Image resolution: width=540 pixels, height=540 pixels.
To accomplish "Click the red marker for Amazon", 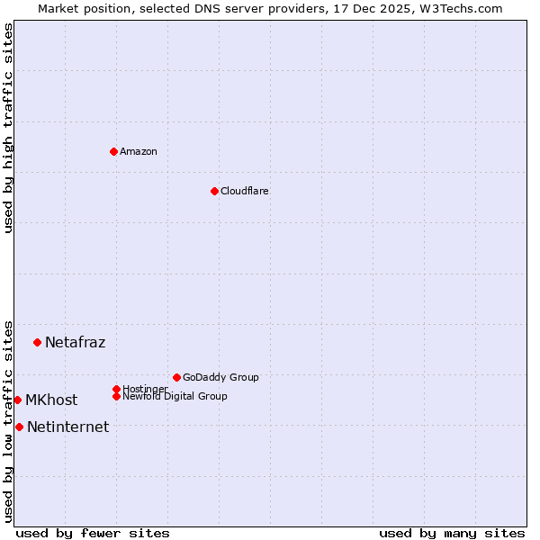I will coord(113,151).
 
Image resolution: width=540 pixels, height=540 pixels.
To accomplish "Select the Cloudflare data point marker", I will coord(214,191).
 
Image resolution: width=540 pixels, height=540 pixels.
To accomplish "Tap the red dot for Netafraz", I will coord(37,342).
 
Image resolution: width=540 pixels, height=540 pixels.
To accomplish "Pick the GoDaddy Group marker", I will coord(176,377).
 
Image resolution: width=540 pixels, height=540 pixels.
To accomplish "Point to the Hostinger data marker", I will coord(116,389).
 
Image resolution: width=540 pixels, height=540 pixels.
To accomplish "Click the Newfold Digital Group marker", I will coord(116,396).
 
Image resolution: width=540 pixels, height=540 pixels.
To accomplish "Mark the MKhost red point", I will coord(17,400).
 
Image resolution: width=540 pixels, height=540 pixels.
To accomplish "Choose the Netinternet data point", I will coord(19,427).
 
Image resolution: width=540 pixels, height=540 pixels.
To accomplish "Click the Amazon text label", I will coord(139,151).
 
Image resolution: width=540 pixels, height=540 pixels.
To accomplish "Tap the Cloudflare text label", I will coord(245,191).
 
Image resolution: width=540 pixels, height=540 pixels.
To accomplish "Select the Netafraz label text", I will coord(75,342).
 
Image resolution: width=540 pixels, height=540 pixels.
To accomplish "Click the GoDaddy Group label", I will coord(220,377).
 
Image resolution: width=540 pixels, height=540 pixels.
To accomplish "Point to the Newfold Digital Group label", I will coord(175,396).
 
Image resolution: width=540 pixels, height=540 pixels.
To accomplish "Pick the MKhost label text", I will coord(51,400).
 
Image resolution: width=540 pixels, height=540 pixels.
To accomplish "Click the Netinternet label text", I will coord(67,427).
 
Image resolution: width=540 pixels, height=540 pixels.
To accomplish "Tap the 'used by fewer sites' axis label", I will coord(93,533).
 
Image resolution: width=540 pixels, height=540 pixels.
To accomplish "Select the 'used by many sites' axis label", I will coord(452,533).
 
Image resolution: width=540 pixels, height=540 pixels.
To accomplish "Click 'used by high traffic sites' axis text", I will coord(8,128).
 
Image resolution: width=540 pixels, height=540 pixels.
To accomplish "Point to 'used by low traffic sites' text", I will coord(8,420).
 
